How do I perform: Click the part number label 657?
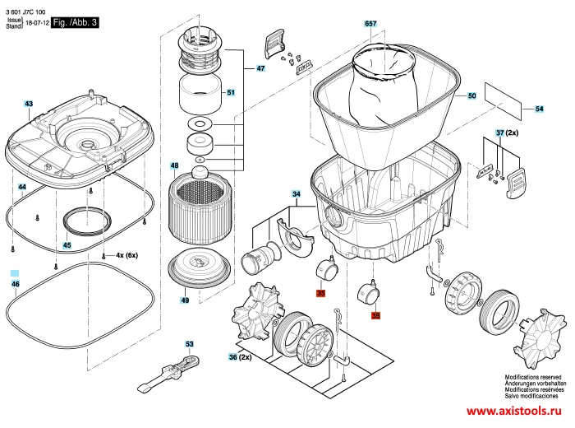(370, 24)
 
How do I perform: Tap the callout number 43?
(29, 104)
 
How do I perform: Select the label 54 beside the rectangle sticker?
(539, 109)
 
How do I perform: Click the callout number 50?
(471, 95)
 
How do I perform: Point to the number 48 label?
(174, 165)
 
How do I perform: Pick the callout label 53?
(189, 344)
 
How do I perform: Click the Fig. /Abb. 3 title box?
(75, 22)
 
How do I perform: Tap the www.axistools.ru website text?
(513, 411)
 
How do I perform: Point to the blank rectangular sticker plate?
(503, 100)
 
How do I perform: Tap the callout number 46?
(16, 284)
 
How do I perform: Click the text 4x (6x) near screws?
(126, 255)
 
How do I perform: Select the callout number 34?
(297, 194)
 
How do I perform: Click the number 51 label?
(231, 92)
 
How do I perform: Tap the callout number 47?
(260, 68)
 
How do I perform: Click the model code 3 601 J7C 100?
(25, 12)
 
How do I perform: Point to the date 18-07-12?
(37, 23)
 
